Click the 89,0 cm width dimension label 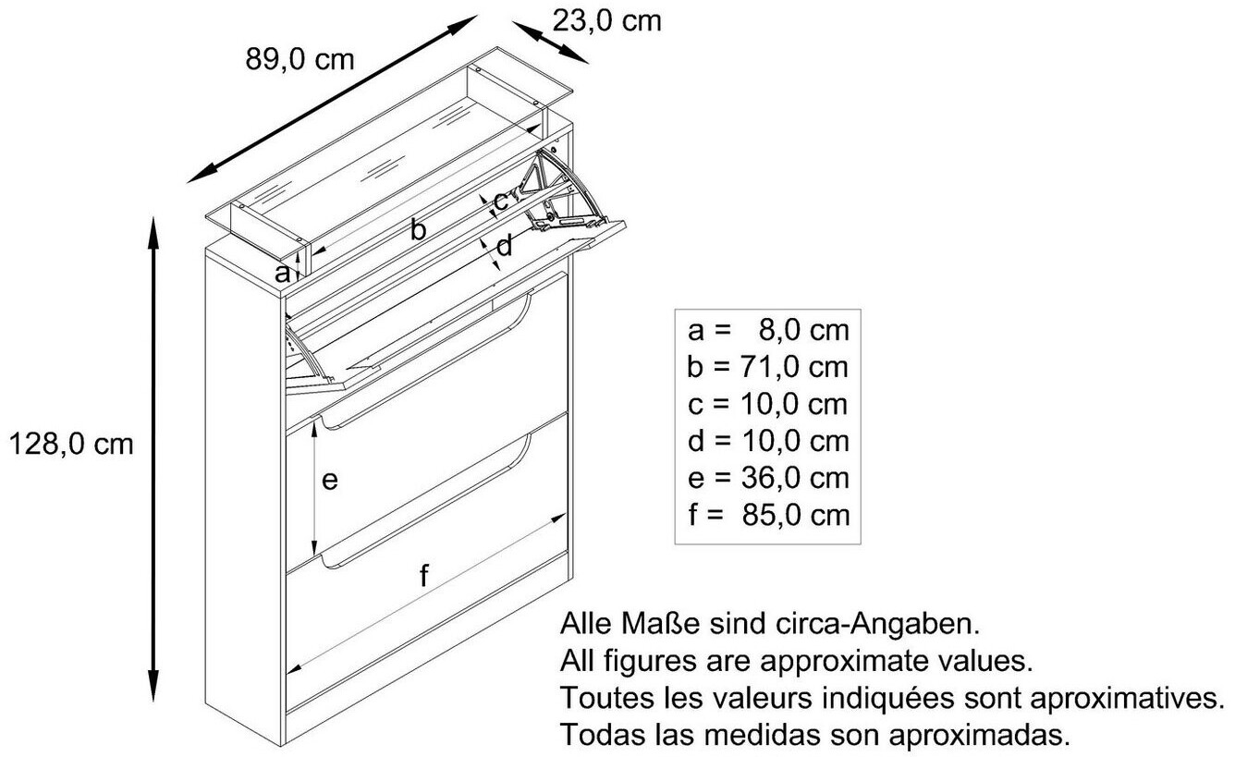[x=300, y=59]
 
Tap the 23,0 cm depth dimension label [x=606, y=21]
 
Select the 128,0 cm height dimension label [x=72, y=445]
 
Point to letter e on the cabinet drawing [x=330, y=481]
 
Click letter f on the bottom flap [x=423, y=575]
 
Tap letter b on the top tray [x=418, y=229]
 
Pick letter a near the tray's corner [x=282, y=274]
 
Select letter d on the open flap [x=504, y=245]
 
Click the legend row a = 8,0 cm [x=768, y=331]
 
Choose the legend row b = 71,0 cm [x=768, y=368]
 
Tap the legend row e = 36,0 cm [x=768, y=478]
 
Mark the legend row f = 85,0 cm [x=768, y=515]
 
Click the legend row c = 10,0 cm [x=768, y=405]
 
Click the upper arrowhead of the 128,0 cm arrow [x=153, y=232]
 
